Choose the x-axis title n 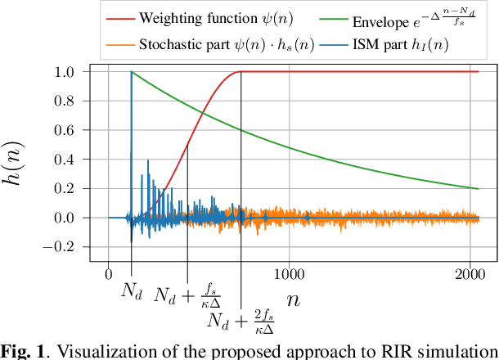(x=292, y=300)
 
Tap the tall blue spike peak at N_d (x=131, y=74)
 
